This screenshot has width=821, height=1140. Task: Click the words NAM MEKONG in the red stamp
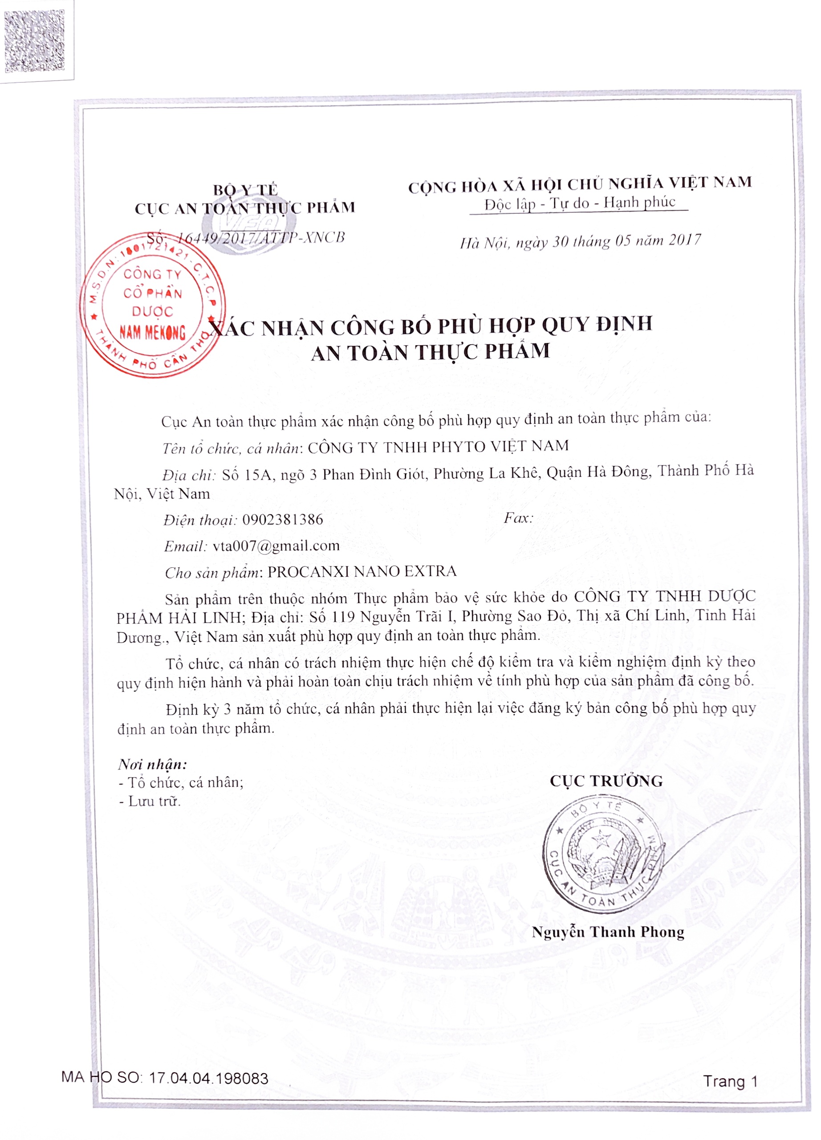click(x=152, y=332)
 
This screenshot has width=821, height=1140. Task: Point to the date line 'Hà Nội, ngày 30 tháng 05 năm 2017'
click(x=580, y=242)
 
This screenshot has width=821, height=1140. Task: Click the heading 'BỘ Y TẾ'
click(x=245, y=190)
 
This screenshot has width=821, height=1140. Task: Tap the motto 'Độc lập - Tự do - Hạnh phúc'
click(x=579, y=203)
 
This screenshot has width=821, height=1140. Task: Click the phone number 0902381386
click(x=282, y=519)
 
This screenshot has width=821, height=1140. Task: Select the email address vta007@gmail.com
click(x=276, y=546)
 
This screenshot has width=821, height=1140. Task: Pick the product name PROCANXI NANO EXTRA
click(x=362, y=571)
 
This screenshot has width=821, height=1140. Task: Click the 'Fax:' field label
click(x=518, y=518)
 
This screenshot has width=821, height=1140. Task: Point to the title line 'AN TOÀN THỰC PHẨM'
click(x=431, y=352)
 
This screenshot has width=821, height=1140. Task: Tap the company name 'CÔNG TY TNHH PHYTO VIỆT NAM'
click(x=438, y=446)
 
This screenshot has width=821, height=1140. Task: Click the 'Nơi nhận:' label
click(x=152, y=765)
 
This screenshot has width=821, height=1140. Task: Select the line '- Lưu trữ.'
click(x=149, y=801)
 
